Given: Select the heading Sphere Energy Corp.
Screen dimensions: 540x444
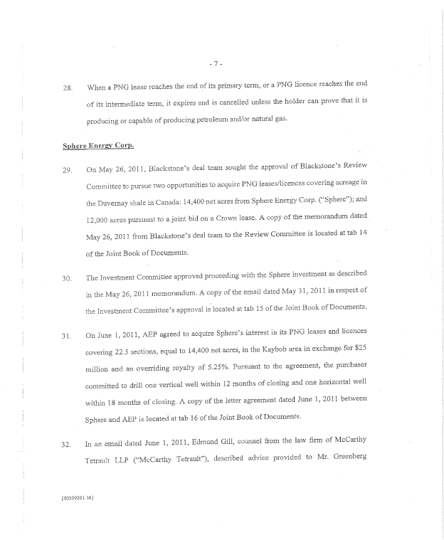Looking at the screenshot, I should (x=97, y=147).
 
